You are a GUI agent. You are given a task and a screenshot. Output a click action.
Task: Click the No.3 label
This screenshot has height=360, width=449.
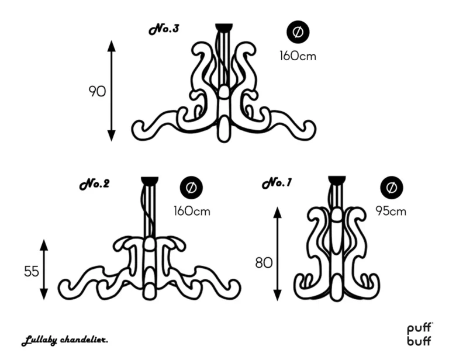point(164,29)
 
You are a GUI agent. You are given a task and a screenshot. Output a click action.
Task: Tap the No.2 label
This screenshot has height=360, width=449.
point(95,184)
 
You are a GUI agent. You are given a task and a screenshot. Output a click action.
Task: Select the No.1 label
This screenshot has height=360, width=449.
point(277,183)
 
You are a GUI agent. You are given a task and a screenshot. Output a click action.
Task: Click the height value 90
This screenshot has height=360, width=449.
point(97,92)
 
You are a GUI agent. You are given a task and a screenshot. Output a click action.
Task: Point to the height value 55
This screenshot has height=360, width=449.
point(32,271)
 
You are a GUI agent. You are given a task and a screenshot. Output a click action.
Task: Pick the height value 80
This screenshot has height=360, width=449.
point(264,263)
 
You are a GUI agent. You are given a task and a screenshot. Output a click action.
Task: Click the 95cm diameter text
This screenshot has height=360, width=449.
point(391,211)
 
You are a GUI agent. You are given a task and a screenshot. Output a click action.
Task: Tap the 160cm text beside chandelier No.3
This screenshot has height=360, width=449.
point(298,56)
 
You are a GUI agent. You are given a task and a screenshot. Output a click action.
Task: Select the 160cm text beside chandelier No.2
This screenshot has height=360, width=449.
point(192,211)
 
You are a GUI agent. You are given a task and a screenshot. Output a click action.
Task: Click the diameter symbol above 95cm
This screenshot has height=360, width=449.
point(392,188)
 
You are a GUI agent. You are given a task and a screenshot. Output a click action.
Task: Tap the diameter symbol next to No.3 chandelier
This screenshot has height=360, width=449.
point(298,32)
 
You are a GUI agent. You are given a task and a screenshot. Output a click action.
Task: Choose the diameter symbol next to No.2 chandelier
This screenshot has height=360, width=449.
point(191,188)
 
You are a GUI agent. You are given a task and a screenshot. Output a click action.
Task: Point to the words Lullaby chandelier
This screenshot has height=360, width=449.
point(65,341)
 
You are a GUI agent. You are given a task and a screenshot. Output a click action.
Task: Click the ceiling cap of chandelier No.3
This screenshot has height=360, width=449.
point(224,27)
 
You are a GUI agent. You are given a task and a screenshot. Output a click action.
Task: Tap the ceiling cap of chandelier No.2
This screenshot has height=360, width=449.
point(150,180)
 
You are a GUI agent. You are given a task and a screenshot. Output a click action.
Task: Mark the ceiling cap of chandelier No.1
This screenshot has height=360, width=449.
point(337,180)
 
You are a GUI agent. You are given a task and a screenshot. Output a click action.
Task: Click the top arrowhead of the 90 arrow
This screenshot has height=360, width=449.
point(112,46)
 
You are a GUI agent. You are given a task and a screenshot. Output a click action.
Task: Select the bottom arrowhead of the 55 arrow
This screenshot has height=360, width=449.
point(43,294)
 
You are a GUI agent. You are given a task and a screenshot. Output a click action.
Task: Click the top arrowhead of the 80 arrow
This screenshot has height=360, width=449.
point(277,212)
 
